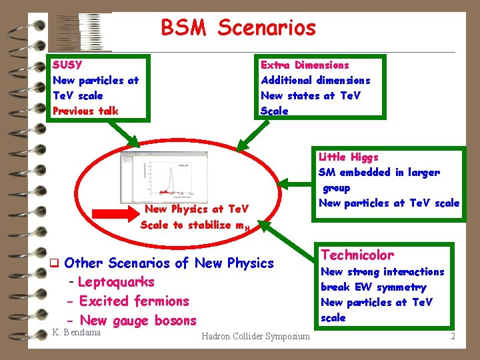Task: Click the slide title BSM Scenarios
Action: click(238, 28)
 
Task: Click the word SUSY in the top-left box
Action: click(67, 65)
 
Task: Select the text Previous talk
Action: click(85, 111)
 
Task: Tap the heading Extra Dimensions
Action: click(305, 65)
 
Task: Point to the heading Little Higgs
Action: click(348, 157)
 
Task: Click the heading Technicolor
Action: click(357, 255)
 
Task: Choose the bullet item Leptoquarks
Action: click(115, 282)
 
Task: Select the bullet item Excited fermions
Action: click(133, 301)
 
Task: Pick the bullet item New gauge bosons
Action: click(137, 321)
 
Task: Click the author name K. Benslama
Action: click(76, 332)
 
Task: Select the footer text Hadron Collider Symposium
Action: click(255, 336)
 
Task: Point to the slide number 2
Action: click(453, 336)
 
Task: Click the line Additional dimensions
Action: click(315, 81)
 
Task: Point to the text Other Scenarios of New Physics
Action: click(169, 263)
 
